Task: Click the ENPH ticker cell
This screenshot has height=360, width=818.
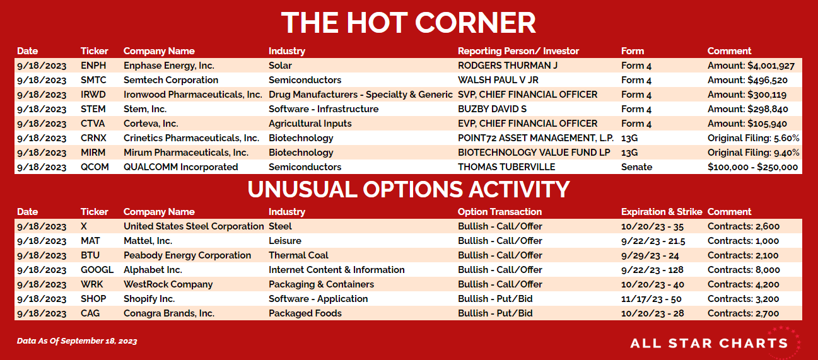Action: point(93,66)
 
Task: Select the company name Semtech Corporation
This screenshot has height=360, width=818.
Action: point(171,80)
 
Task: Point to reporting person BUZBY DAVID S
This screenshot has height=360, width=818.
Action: point(493,109)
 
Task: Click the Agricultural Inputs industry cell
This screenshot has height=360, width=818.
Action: point(310,124)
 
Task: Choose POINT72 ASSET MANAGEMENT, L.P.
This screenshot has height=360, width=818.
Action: point(535,138)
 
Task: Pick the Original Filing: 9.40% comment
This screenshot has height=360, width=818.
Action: point(754,153)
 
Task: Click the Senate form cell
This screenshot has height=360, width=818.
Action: point(636,167)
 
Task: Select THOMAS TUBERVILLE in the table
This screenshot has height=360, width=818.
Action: point(506,167)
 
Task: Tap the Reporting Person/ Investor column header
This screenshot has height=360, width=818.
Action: point(518,51)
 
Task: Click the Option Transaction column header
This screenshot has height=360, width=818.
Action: point(500,212)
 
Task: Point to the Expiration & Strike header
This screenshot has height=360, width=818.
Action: point(662,212)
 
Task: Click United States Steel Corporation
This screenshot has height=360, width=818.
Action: point(194,226)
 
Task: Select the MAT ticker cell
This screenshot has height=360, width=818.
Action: point(90,241)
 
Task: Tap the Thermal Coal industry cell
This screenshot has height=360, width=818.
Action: point(298,255)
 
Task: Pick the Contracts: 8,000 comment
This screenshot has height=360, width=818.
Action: point(744,270)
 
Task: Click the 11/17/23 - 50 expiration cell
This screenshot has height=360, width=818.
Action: point(651,299)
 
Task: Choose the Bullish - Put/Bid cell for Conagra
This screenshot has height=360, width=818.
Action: point(495,313)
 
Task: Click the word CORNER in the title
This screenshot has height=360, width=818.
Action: point(475,23)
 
